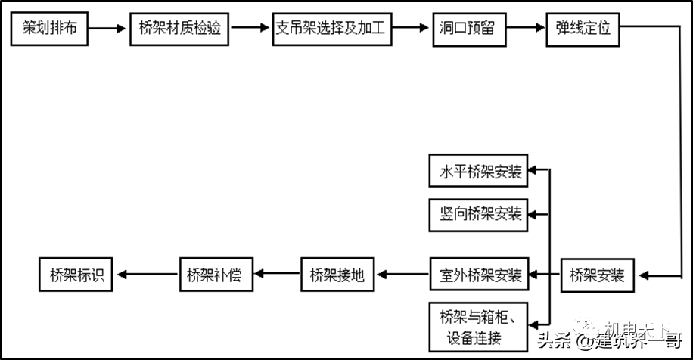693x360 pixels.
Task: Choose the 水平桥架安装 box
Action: tap(477, 171)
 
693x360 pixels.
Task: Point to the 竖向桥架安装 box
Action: tap(477, 213)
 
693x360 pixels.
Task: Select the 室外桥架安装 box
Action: tap(477, 275)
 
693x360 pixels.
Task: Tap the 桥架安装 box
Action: tap(598, 275)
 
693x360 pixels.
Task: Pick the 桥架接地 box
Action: tap(337, 275)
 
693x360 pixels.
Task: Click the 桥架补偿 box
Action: tap(215, 275)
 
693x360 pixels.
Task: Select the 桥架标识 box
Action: tap(76, 275)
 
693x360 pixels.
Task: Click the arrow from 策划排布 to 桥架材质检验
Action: tap(107, 29)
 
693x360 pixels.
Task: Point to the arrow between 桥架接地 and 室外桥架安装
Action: tap(402, 275)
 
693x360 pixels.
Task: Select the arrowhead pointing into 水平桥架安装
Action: tap(533, 171)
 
